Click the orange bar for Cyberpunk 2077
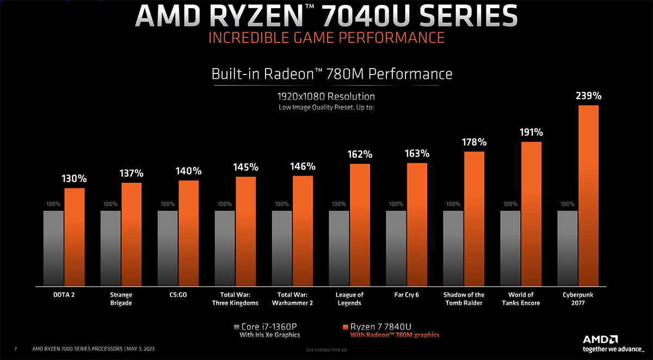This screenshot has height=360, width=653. [588, 195]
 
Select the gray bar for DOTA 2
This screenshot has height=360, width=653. [53, 248]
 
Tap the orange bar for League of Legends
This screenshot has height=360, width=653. [360, 225]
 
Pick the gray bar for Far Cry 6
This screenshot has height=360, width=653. [396, 248]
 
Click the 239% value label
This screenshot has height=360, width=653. [588, 96]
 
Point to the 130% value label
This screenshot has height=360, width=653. [75, 178]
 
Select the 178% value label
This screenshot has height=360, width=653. [474, 142]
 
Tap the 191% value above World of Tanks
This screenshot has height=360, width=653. [531, 132]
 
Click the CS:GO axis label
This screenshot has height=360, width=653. [178, 295]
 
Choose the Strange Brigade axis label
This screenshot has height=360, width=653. [121, 299]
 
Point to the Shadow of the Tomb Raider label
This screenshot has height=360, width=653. [464, 299]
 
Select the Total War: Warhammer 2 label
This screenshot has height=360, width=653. [292, 299]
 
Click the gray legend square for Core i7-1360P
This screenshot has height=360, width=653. [236, 327]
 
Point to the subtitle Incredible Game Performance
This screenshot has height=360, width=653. [326, 38]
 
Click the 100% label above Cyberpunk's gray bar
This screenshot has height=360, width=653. [568, 204]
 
